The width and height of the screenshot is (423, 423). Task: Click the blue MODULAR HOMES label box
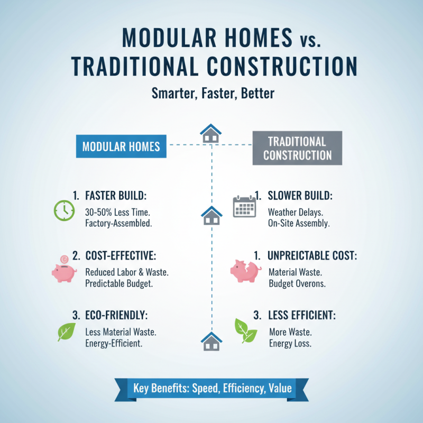[121, 145]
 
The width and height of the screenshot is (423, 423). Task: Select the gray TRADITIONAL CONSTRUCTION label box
[297, 148]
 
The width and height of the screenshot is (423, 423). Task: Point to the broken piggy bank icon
[245, 270]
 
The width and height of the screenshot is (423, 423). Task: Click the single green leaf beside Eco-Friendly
[66, 332]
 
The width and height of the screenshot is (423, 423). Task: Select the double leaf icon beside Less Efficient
[246, 332]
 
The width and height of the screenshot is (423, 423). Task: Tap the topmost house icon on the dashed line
[211, 133]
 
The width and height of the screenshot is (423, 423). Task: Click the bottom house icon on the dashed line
[212, 341]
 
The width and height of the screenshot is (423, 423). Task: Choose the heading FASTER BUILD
[115, 196]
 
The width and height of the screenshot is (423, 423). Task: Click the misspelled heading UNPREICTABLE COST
[312, 256]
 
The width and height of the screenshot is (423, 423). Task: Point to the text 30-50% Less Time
[117, 212]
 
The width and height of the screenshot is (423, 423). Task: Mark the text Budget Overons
[297, 283]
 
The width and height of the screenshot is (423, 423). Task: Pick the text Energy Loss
[290, 343]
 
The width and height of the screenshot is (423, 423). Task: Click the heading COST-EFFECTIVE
[121, 256]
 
